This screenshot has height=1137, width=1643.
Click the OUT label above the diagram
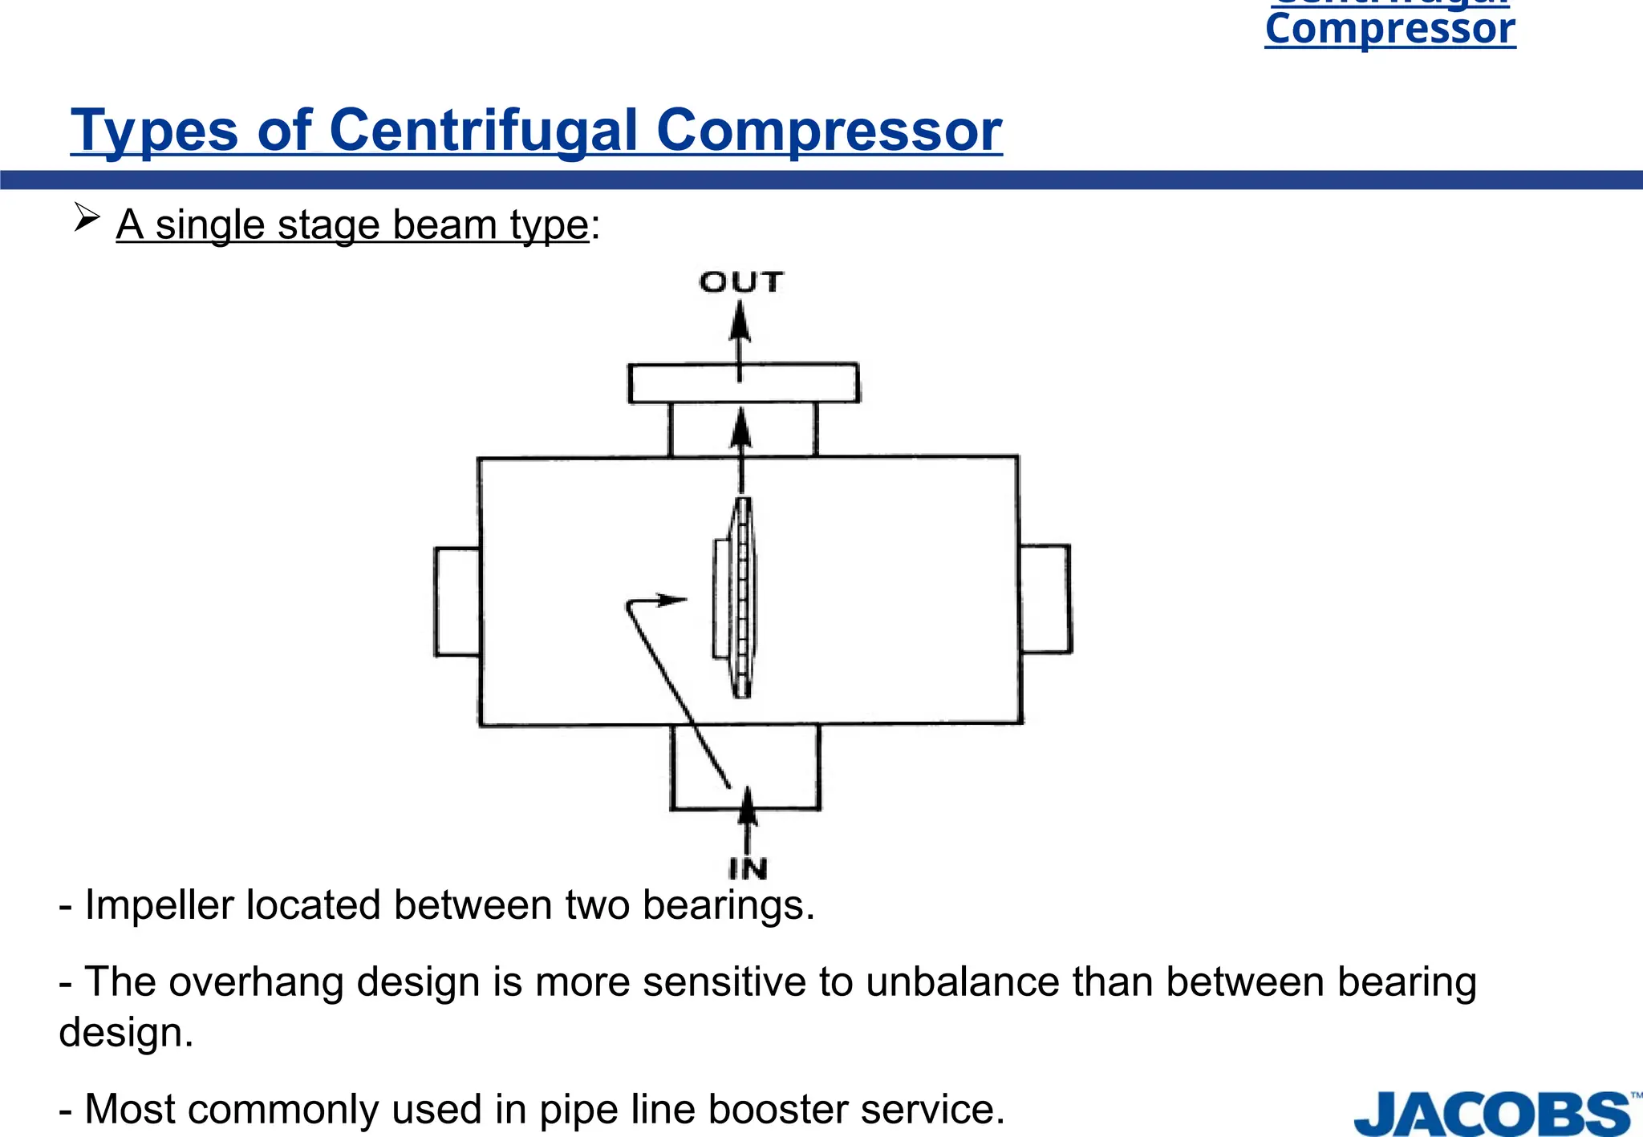tap(740, 282)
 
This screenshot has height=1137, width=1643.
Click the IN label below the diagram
tap(748, 868)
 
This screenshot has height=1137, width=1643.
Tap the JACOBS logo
tap(1492, 1114)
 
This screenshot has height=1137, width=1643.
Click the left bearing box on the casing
tap(457, 601)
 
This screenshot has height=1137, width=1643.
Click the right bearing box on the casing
tap(1045, 599)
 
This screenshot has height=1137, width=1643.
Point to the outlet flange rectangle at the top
tap(743, 383)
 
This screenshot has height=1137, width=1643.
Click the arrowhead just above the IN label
tap(748, 805)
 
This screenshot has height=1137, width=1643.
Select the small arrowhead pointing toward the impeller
tap(671, 599)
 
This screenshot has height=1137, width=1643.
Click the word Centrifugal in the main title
tap(484, 130)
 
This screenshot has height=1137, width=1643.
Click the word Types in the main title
tap(154, 132)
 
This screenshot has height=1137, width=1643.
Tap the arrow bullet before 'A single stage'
tap(87, 217)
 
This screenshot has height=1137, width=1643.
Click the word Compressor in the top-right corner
tap(1389, 29)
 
